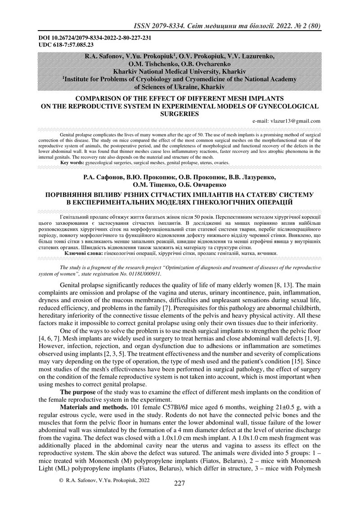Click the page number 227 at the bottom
pos(180,496)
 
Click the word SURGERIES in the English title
pos(180,114)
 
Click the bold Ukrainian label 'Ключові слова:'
pos(83,253)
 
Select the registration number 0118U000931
pos(142,273)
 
